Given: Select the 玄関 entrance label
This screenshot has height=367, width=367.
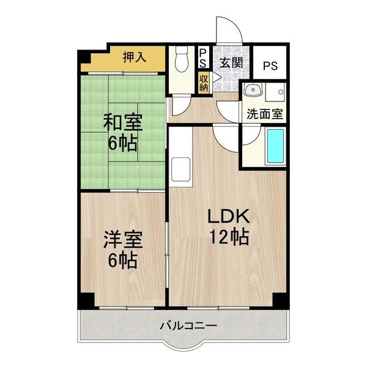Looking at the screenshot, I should (232, 62).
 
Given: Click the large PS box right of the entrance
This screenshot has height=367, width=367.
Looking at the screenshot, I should (270, 63).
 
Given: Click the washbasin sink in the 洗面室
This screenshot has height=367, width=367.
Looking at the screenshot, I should (252, 92).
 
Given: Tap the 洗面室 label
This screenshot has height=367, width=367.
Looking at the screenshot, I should (264, 113).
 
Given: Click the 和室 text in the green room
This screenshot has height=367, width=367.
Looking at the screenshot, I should (122, 123).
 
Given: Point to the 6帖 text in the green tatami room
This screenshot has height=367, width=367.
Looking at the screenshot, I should (123, 144).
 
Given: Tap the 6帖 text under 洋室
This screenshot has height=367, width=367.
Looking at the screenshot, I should (123, 261).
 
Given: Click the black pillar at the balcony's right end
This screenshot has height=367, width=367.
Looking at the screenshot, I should (281, 301).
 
